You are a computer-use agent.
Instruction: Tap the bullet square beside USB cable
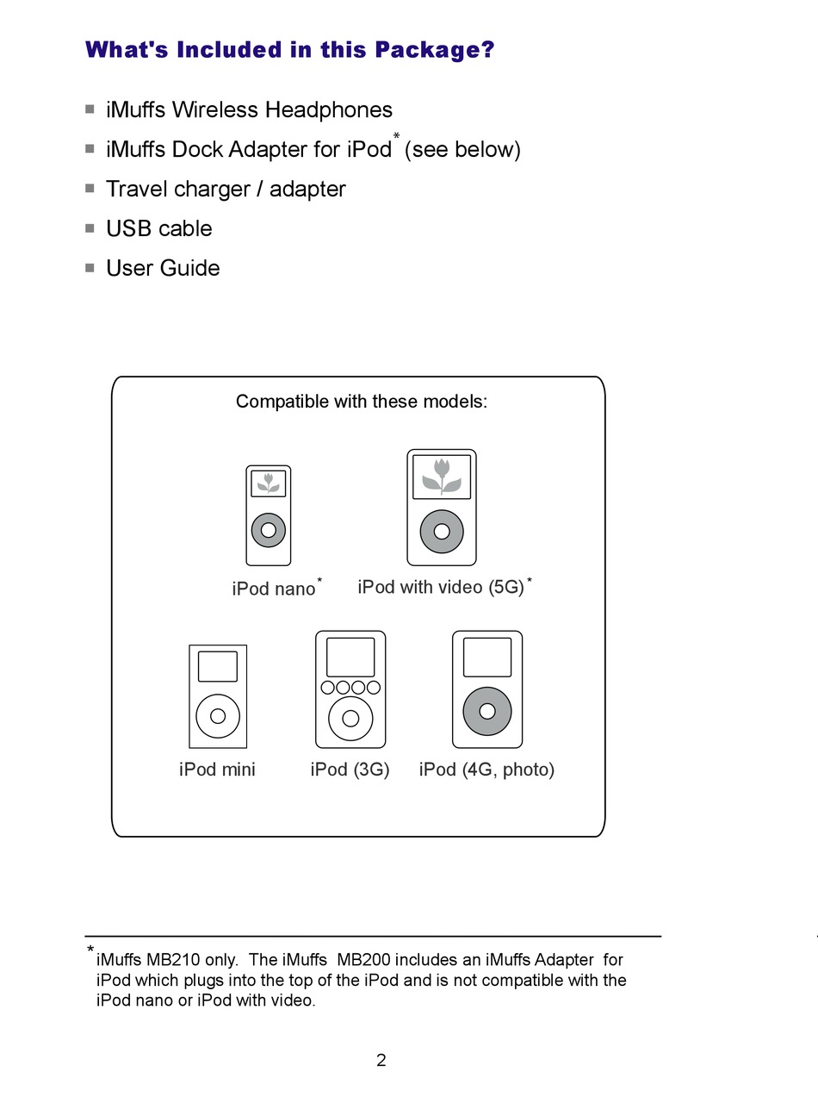(90, 228)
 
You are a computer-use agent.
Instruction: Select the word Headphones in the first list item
(328, 110)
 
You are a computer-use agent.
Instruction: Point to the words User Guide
(163, 268)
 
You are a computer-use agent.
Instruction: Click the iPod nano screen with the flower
(268, 483)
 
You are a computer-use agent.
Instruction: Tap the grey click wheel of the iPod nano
(268, 530)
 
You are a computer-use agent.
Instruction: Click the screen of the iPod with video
(442, 477)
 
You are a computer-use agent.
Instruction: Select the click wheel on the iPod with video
(442, 531)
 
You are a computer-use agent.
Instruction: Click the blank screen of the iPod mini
(218, 666)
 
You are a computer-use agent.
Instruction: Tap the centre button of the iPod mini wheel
(218, 716)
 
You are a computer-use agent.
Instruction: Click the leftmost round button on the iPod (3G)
(327, 688)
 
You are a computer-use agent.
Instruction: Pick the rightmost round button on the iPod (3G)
(374, 688)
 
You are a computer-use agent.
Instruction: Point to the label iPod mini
(217, 770)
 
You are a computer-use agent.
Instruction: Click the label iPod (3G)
(350, 770)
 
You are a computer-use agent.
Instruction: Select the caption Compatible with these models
(362, 402)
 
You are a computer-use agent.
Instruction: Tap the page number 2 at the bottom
(381, 1060)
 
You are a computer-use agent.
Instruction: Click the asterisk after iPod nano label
(319, 580)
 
